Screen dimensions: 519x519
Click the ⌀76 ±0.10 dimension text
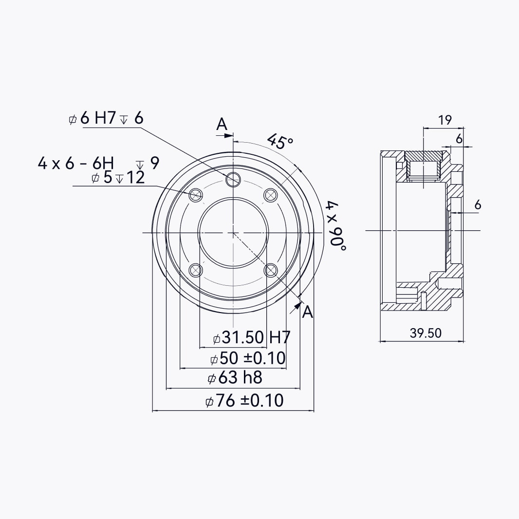click(244, 401)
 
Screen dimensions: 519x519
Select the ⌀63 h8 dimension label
click(235, 378)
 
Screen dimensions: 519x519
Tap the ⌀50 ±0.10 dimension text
click(248, 358)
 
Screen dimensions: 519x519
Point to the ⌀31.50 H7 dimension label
click(252, 337)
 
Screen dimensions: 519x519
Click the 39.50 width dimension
click(426, 333)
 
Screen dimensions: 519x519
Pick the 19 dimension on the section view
click(445, 120)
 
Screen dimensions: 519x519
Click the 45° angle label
click(280, 141)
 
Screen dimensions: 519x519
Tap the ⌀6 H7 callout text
click(106, 118)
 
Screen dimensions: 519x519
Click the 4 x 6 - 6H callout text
click(76, 163)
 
